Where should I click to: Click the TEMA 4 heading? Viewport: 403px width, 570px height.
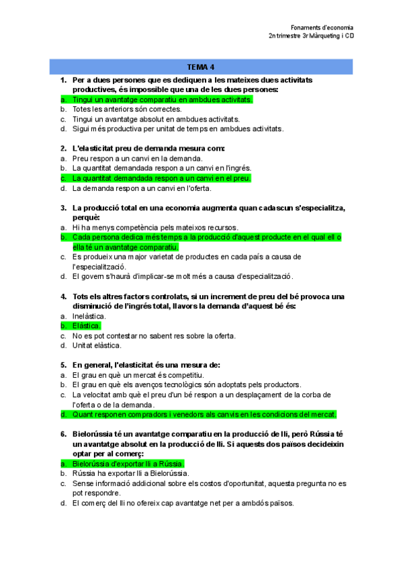(201, 67)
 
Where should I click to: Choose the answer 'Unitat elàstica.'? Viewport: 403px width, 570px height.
(97, 345)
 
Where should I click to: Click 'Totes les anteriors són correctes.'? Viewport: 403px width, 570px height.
(126, 109)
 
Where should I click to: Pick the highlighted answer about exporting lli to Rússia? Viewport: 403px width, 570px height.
(128, 464)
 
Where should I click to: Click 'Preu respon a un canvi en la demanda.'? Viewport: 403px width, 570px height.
(128, 159)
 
